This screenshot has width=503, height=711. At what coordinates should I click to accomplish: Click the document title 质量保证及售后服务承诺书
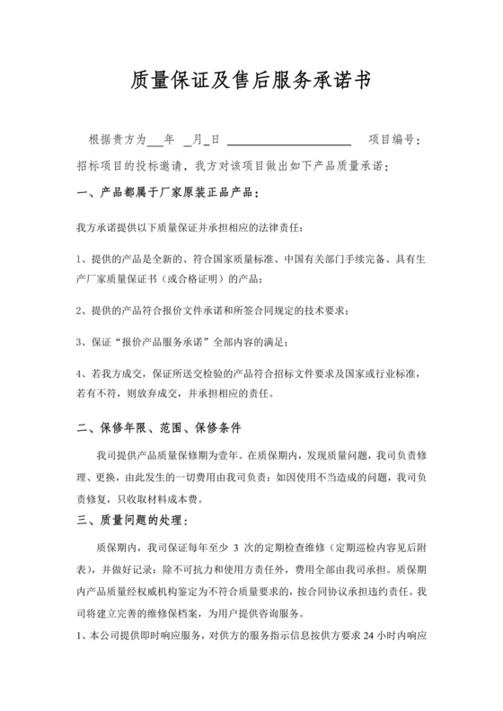pos(251,82)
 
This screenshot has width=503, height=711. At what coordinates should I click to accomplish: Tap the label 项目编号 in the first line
pos(391,140)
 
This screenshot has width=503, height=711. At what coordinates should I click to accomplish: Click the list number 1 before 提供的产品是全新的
pos(80,259)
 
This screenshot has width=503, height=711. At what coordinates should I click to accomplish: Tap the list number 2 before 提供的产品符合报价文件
pos(80,310)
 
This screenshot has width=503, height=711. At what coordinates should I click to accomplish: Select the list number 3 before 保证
pos(80,343)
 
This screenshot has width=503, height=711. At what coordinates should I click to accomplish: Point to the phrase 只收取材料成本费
pos(163,499)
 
